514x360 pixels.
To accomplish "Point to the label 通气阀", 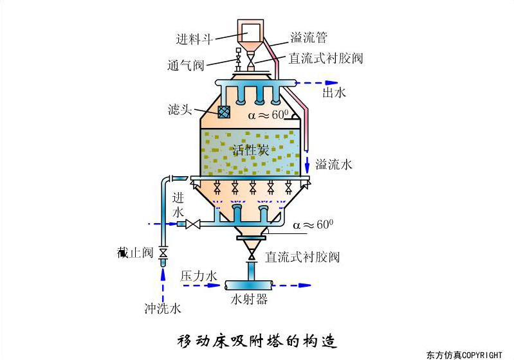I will [x=186, y=65].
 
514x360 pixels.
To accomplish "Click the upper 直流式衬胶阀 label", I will [x=326, y=59].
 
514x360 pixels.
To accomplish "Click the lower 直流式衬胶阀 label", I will [x=302, y=258].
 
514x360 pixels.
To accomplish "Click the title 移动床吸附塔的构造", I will [x=257, y=340].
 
